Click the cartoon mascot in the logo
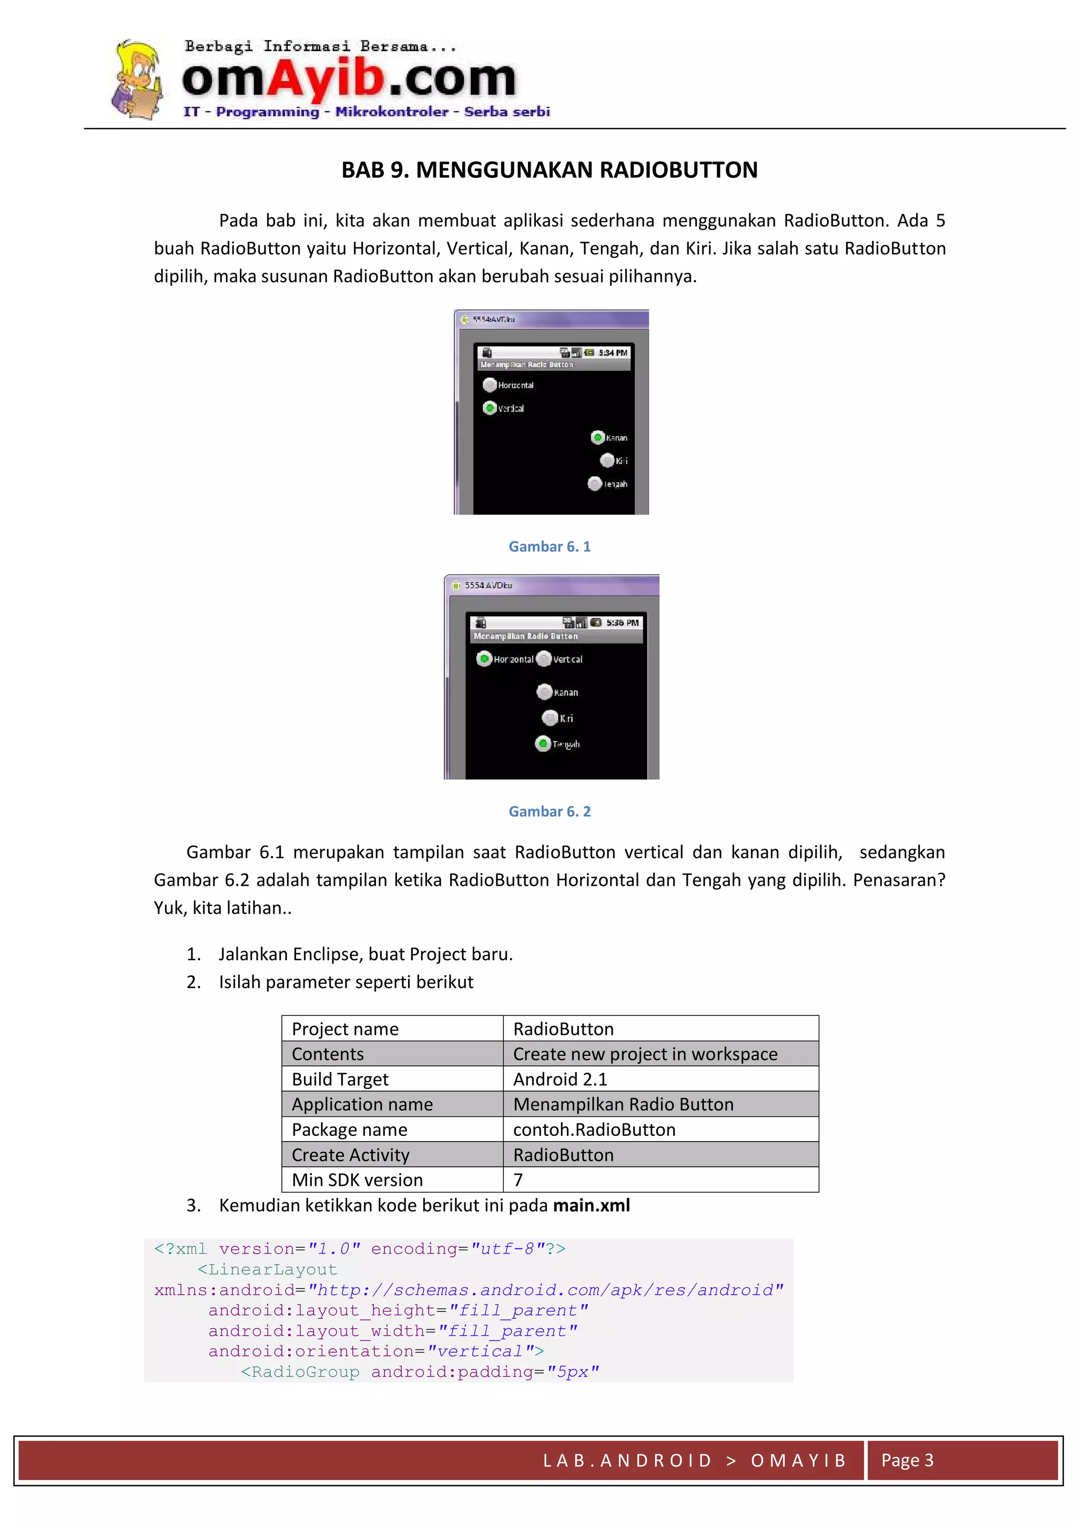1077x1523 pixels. click(x=137, y=79)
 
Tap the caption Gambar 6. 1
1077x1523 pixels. click(x=549, y=547)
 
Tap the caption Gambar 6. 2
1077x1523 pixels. click(x=549, y=811)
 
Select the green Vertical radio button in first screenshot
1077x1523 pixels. click(x=490, y=408)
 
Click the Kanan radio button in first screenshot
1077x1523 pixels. click(x=597, y=437)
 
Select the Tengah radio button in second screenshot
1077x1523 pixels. click(x=543, y=743)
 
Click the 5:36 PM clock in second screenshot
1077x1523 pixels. click(x=622, y=623)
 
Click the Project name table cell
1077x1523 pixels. click(x=392, y=1029)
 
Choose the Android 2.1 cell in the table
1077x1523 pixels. click(x=660, y=1079)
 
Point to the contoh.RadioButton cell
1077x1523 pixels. click(x=660, y=1129)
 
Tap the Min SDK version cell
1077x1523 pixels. click(x=392, y=1180)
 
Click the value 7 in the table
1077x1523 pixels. click(x=519, y=1180)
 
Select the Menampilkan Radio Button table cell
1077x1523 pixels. click(x=660, y=1104)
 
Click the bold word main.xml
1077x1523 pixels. click(x=591, y=1205)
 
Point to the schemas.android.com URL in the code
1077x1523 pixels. click(x=545, y=1290)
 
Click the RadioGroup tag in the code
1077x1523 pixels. click(x=300, y=1372)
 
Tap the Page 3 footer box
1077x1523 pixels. click(x=962, y=1460)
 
